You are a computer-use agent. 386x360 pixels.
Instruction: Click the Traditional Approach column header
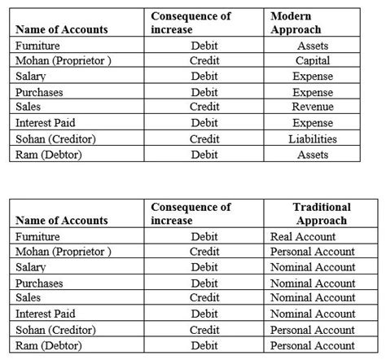point(322,213)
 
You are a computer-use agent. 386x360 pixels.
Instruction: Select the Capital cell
point(313,61)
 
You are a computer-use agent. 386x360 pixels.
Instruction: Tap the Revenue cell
point(313,108)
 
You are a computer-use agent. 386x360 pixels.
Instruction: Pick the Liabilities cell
point(313,138)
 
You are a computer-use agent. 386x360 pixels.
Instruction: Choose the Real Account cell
point(302,236)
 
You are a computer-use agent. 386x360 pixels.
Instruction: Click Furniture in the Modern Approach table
point(38,46)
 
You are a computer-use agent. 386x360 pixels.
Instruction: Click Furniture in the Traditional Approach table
point(38,236)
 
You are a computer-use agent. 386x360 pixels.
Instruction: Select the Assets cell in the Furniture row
point(313,46)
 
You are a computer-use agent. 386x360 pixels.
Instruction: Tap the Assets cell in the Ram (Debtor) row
point(313,154)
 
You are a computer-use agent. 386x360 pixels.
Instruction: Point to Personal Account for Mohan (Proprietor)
point(312,252)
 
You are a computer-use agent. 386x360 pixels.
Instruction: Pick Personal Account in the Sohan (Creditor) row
point(312,329)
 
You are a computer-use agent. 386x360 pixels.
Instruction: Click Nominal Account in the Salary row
point(312,267)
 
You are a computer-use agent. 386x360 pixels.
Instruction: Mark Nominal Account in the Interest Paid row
point(312,314)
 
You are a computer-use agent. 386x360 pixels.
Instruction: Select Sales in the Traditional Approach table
point(30,298)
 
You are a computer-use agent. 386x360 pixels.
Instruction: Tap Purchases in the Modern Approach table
point(39,92)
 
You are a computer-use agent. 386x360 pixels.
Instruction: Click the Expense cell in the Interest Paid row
point(313,123)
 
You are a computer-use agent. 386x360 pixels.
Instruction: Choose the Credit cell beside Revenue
point(204,108)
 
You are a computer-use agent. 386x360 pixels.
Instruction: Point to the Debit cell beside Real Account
point(204,236)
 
